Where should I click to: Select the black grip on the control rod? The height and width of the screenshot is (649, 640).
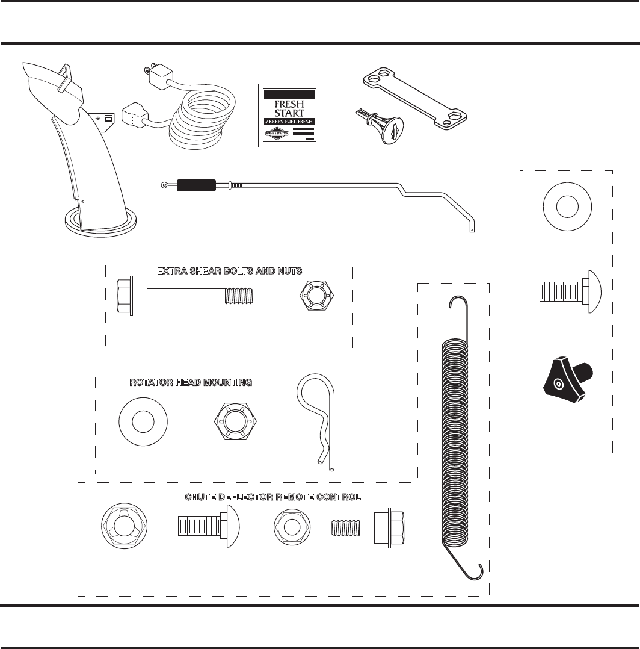pyautogui.click(x=195, y=185)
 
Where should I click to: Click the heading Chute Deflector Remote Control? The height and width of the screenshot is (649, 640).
pyautogui.click(x=272, y=497)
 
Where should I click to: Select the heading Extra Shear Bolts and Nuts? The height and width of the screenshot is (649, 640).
pyautogui.click(x=229, y=271)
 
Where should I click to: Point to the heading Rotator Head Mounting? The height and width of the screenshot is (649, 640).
pyautogui.click(x=191, y=382)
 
